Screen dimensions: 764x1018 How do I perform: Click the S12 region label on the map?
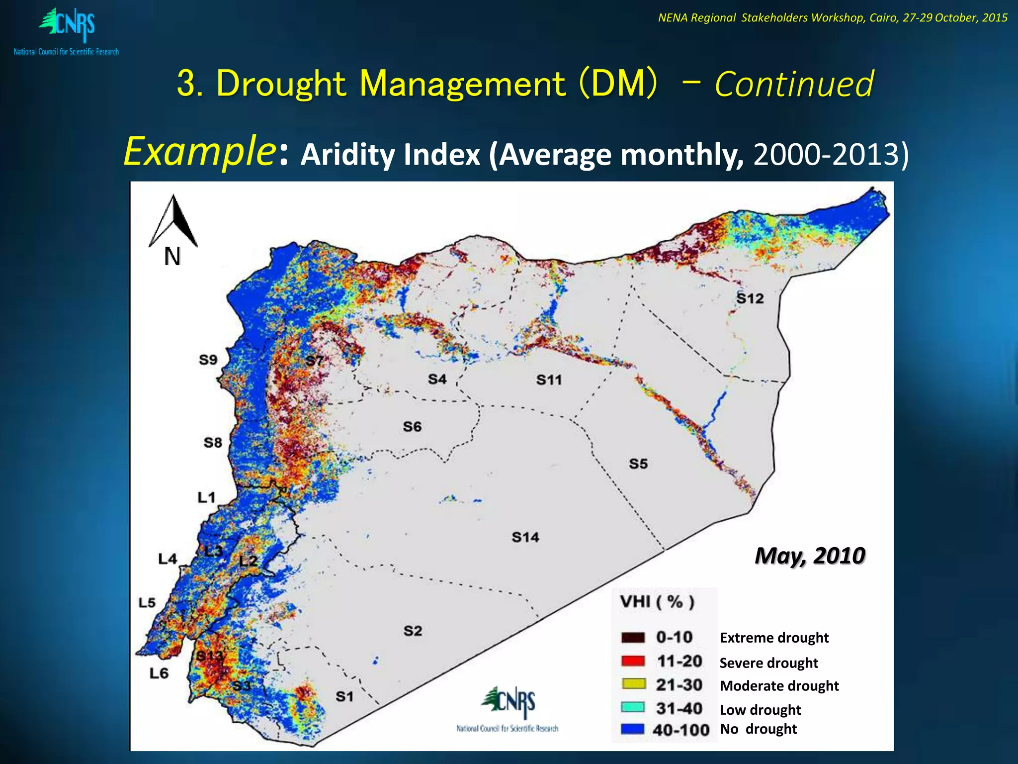pyautogui.click(x=750, y=298)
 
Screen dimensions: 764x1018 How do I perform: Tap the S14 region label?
pyautogui.click(x=525, y=537)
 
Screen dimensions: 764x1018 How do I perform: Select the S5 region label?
pyautogui.click(x=638, y=464)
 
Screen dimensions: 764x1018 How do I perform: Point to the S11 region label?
pyautogui.click(x=549, y=380)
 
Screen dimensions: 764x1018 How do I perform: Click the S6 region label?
pyautogui.click(x=412, y=427)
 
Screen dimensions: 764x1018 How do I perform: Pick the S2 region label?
pyautogui.click(x=413, y=631)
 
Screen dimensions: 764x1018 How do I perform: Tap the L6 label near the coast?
pyautogui.click(x=159, y=673)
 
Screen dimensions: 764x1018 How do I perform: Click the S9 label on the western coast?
pyautogui.click(x=208, y=360)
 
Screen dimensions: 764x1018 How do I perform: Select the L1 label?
pyautogui.click(x=206, y=497)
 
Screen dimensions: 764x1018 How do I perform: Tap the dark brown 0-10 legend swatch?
pyautogui.click(x=633, y=638)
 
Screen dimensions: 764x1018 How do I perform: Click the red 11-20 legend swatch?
pyautogui.click(x=633, y=662)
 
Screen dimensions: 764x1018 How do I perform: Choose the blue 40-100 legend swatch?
pyautogui.click(x=633, y=730)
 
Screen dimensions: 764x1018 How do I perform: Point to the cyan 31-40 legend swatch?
pyautogui.click(x=633, y=708)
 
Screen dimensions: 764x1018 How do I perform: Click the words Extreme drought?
pyautogui.click(x=774, y=638)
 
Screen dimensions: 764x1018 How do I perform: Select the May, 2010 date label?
pyautogui.click(x=810, y=556)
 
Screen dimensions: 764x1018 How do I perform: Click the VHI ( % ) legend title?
pyautogui.click(x=657, y=602)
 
